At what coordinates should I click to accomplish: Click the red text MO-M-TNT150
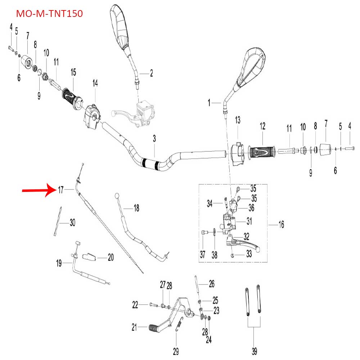coord(50,14)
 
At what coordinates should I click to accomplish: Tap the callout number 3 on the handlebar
coord(154,139)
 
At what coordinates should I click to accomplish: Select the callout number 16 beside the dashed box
coord(281,225)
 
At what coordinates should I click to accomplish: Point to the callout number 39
coord(253,351)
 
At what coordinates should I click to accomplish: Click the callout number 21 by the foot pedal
coord(134,327)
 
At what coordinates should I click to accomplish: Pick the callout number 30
coord(72,223)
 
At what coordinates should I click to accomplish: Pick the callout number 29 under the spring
coord(176,351)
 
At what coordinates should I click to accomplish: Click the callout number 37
coord(202,255)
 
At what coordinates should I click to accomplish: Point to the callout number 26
coord(212,284)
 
